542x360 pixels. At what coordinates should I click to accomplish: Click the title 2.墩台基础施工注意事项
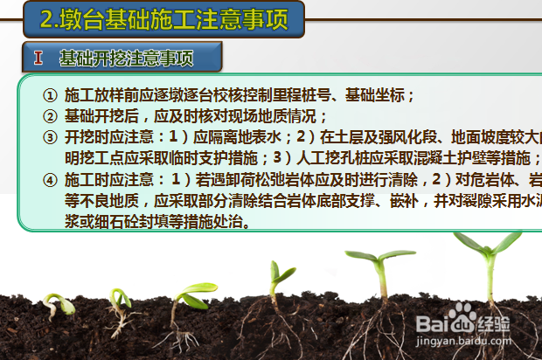pyautogui.click(x=164, y=18)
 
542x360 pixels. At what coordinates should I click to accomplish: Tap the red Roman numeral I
pyautogui.click(x=38, y=59)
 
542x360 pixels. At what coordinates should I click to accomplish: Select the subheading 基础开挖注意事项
pyautogui.click(x=126, y=59)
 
